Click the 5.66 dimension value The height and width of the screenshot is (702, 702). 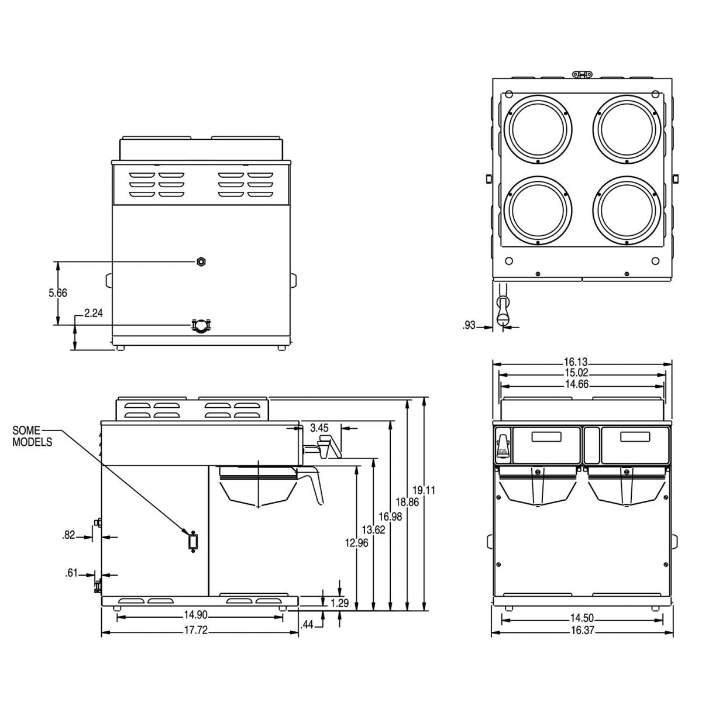click(x=58, y=293)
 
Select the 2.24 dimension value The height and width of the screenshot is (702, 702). click(x=94, y=314)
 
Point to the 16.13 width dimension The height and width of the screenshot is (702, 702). click(x=581, y=363)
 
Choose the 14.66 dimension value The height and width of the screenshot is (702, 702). click(x=581, y=385)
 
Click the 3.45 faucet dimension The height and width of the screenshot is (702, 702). click(x=319, y=428)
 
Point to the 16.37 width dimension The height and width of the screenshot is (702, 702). click(x=581, y=630)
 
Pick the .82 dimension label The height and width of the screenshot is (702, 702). click(x=69, y=535)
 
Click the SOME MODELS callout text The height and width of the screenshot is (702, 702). click(x=32, y=436)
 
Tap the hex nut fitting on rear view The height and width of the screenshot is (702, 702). click(x=201, y=261)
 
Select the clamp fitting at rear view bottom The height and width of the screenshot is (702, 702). click(x=201, y=324)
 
